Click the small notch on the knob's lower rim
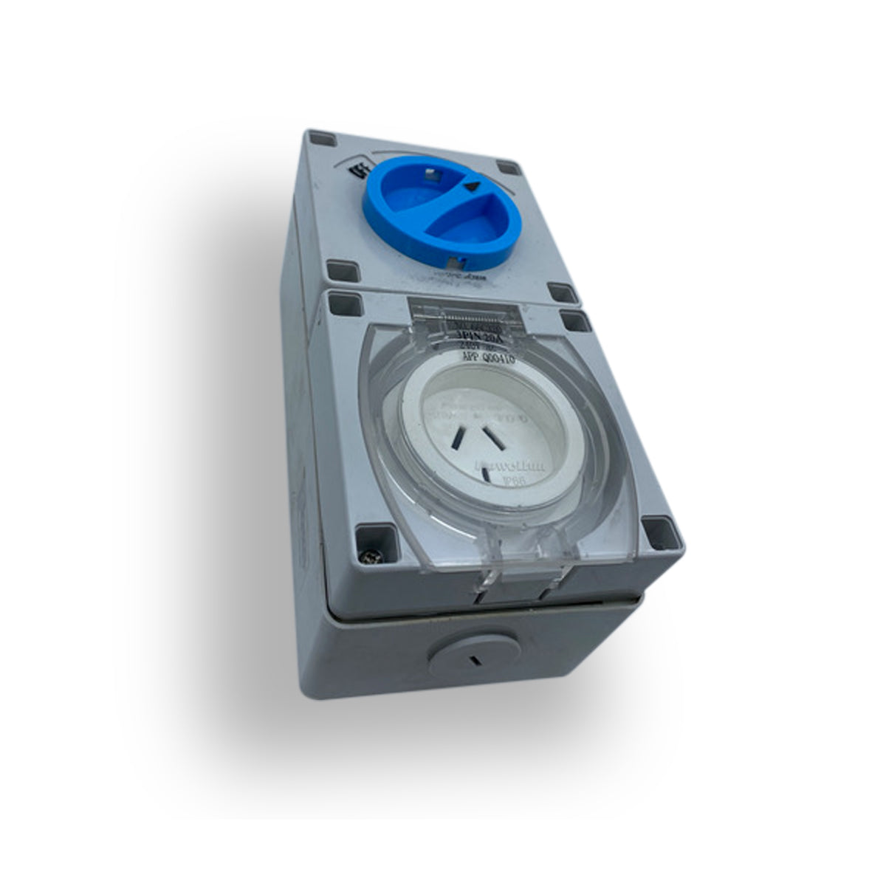[x=453, y=261]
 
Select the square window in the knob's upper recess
[x=427, y=176]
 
